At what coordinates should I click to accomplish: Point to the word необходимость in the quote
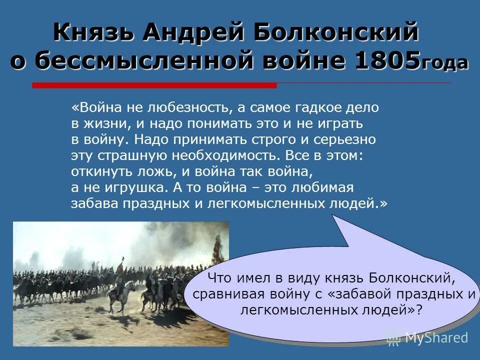pos(221,155)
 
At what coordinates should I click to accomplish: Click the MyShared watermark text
pos(436,337)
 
